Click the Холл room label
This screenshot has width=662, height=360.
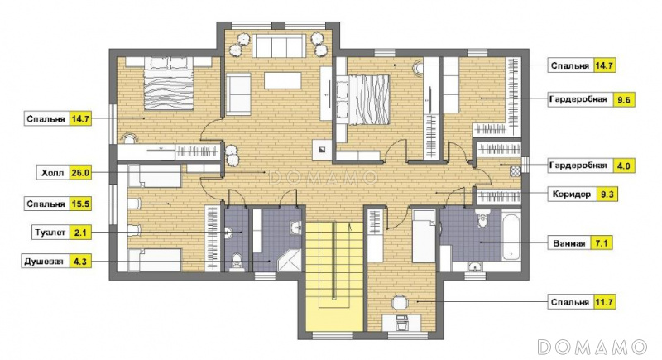point(53,173)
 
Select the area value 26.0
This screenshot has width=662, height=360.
point(79,173)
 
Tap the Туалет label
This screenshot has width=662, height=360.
point(50,233)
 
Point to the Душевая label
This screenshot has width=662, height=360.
point(45,262)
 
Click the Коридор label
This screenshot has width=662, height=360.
point(572,194)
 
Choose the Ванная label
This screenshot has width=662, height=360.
point(569,243)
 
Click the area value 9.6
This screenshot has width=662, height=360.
point(624,100)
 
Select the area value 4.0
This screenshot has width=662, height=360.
point(624,166)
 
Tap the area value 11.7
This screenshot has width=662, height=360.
point(604,302)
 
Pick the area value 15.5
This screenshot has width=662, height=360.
point(79,204)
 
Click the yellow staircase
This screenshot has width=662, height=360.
point(334,276)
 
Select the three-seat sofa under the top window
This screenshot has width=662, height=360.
point(279,46)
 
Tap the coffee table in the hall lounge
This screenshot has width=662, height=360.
point(283,80)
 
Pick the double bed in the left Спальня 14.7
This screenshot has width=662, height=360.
point(169,84)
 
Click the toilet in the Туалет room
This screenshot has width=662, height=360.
point(237,261)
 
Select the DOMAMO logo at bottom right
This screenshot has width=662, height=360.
point(592,347)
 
